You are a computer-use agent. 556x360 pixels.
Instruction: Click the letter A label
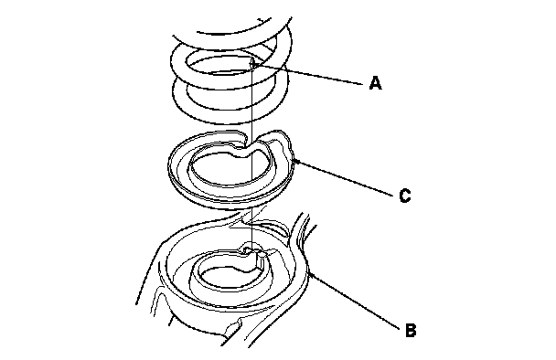click(x=376, y=83)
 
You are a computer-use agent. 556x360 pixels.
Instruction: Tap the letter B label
click(x=411, y=330)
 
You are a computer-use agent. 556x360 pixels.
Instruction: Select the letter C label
click(x=404, y=196)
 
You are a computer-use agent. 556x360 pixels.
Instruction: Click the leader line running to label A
click(x=308, y=74)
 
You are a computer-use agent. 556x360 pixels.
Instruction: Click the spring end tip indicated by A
click(x=252, y=63)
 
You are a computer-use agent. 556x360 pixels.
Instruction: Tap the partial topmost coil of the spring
click(x=244, y=33)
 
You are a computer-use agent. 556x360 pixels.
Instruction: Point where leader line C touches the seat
click(x=295, y=160)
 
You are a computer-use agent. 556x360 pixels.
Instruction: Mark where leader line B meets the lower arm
click(x=309, y=272)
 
